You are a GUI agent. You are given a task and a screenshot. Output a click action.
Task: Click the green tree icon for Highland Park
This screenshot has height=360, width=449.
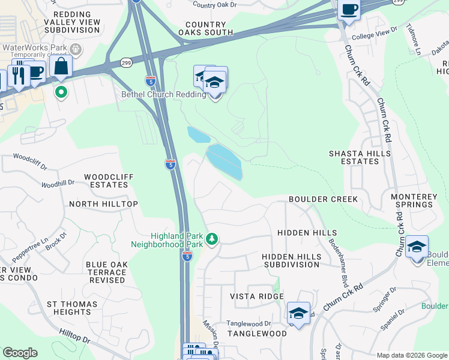coord(211,240)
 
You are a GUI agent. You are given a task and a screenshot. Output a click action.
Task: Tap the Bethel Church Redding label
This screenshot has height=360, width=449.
coord(164,94)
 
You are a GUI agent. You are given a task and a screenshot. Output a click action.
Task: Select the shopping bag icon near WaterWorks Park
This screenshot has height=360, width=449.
coord(61,67)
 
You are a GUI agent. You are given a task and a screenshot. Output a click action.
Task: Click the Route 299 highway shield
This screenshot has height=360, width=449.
coord(126,62)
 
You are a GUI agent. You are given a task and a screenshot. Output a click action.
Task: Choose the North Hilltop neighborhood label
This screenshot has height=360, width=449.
coord(103,204)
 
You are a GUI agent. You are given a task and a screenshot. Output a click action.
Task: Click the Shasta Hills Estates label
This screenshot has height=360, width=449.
coord(360,157)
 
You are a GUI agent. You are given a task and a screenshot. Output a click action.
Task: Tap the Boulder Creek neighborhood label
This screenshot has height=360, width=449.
coord(323,199)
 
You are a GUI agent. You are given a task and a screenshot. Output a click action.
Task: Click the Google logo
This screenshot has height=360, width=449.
coord(20,353)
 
